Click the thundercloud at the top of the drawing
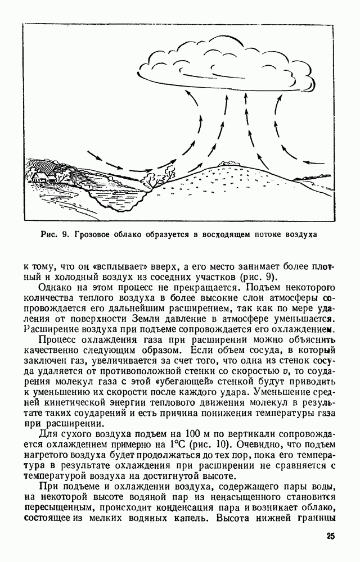pyautogui.click(x=225, y=65)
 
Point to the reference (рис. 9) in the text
pyautogui.click(x=258, y=279)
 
